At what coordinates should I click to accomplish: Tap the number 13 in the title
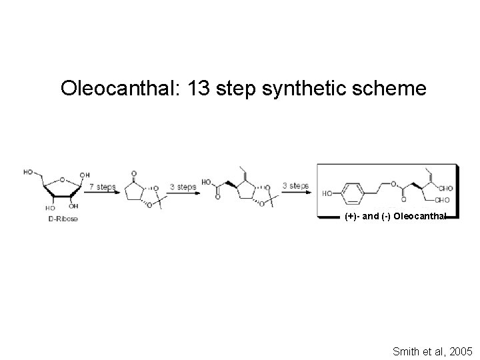pyautogui.click(x=201, y=88)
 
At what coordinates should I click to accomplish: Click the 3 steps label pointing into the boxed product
pyautogui.click(x=295, y=185)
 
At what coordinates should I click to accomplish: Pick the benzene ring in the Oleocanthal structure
pyautogui.click(x=354, y=193)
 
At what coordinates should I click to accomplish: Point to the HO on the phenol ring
pyautogui.click(x=327, y=193)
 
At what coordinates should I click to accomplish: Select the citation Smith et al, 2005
pyautogui.click(x=432, y=349)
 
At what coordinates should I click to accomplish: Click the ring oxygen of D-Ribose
pyautogui.click(x=61, y=179)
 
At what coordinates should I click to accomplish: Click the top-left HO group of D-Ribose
pyautogui.click(x=29, y=171)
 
